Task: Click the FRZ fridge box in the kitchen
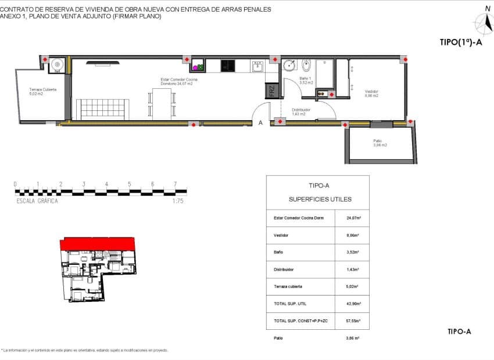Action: click(271, 91)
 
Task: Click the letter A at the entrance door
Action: click(261, 123)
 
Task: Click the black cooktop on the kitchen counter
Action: click(228, 66)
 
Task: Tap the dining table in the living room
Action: click(163, 105)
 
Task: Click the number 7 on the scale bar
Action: click(175, 184)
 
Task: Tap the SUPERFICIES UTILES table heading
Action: click(320, 199)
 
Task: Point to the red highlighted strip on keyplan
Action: click(98, 243)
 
